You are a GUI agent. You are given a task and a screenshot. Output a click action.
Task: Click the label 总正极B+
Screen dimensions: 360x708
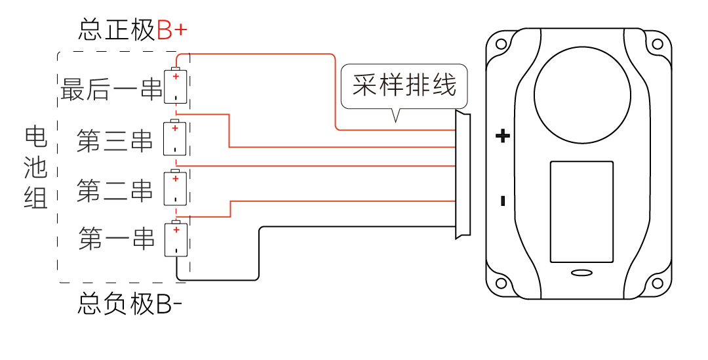tap(134, 30)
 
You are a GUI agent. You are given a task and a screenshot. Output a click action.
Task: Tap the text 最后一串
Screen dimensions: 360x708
tap(111, 89)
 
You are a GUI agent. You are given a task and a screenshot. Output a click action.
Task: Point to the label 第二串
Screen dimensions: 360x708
tap(114, 190)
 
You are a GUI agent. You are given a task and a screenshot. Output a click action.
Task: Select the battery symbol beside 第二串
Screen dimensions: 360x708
tap(175, 188)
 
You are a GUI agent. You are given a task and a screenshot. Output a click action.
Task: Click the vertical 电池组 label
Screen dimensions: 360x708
tap(36, 167)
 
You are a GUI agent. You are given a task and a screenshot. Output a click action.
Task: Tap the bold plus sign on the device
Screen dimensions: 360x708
tap(502, 136)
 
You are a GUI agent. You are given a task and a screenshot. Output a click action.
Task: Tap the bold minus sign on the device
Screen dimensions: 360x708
tap(503, 201)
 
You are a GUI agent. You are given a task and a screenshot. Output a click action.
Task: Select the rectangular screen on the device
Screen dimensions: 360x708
tap(581, 212)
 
